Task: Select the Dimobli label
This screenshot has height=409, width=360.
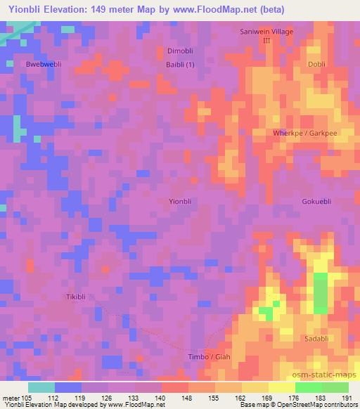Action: click(181, 51)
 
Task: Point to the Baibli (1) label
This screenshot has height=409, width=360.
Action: click(181, 65)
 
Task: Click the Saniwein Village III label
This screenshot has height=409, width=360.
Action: click(266, 37)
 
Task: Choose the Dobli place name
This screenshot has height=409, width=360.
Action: click(316, 64)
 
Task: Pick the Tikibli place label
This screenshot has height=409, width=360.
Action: click(78, 297)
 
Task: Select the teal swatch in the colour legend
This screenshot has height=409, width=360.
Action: click(41, 387)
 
